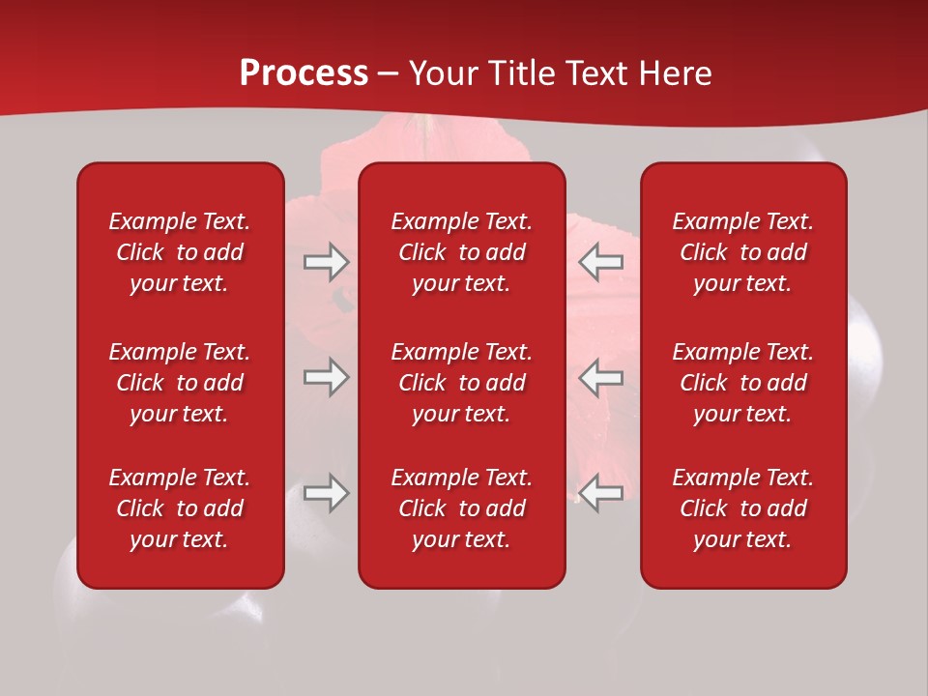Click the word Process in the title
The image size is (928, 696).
point(304,73)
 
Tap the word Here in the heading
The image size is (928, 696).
point(674,73)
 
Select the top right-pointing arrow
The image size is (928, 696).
point(326,262)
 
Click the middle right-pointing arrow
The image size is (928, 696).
point(326,377)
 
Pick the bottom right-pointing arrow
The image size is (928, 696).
point(326,493)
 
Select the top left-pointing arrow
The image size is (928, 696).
point(600,262)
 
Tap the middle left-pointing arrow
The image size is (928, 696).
point(600,377)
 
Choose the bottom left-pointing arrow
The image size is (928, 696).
point(600,493)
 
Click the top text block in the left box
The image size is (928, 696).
point(180,252)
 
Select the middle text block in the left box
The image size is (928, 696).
point(180,383)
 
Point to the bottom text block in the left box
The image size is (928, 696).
point(180,508)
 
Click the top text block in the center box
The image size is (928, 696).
point(462,252)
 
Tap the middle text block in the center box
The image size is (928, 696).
point(462,383)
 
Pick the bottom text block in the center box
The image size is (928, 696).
point(462,508)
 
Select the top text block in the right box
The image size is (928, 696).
point(743,252)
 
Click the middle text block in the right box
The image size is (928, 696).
point(743,383)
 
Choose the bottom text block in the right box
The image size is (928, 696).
point(743,508)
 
